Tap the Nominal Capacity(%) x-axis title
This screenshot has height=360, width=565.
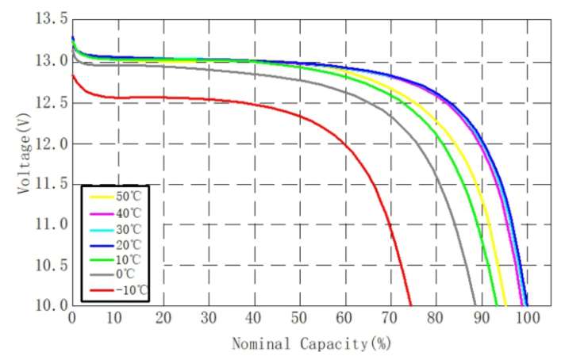(311, 344)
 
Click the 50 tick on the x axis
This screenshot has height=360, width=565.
(299, 318)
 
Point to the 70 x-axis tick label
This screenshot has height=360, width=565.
(390, 318)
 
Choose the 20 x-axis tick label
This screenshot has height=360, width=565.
(163, 318)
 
